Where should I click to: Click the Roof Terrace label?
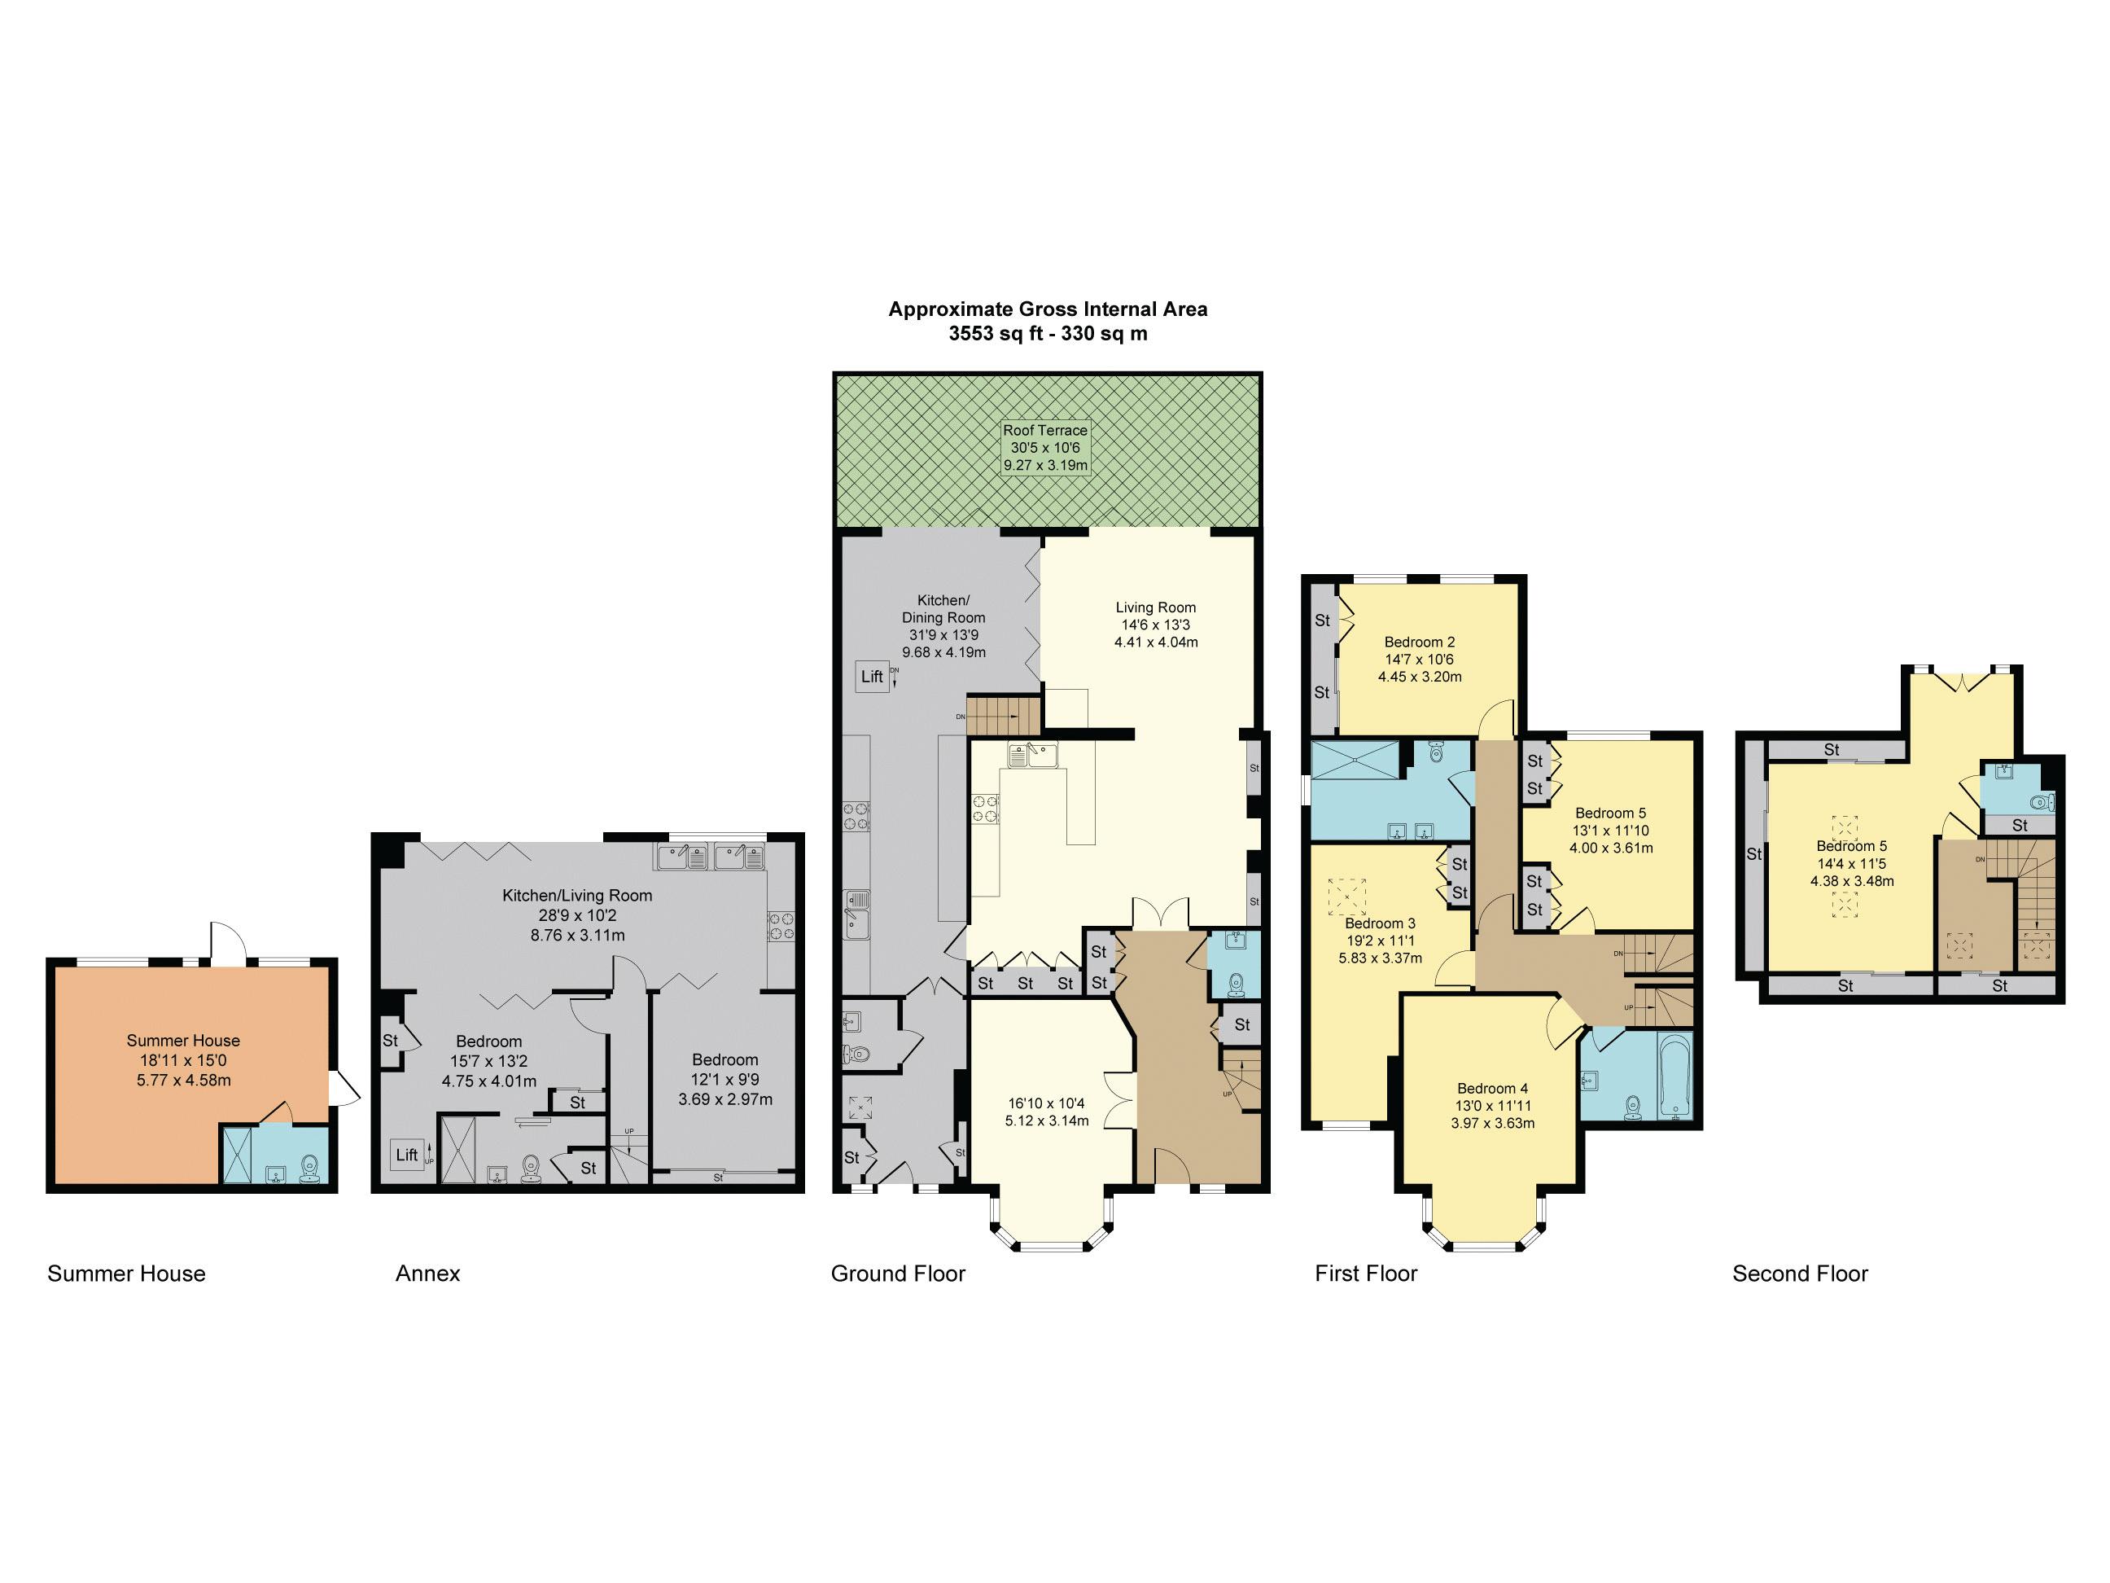pos(1044,430)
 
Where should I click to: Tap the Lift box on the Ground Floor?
pos(872,677)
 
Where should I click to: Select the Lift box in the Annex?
pos(406,1155)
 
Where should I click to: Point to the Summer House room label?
pos(183,1040)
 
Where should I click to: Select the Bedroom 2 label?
pos(1420,642)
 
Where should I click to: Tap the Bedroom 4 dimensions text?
pos(1492,1115)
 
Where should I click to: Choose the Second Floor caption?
pos(1799,1273)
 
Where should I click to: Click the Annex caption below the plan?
pos(427,1273)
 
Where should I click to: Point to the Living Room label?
pos(1155,607)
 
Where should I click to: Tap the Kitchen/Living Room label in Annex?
pos(577,895)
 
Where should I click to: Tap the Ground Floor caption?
pos(898,1273)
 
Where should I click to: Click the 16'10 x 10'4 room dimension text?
pos(1045,1112)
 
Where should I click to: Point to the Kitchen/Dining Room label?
pos(943,609)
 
